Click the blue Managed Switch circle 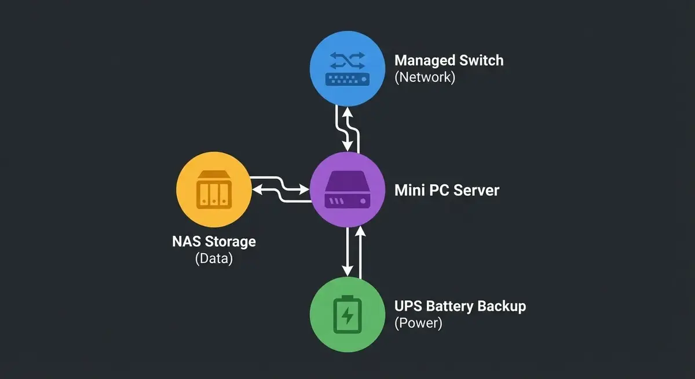[346, 68]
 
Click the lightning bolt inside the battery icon [347, 316]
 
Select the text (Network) [425, 78]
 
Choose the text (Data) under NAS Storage [214, 258]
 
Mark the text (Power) [418, 323]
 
